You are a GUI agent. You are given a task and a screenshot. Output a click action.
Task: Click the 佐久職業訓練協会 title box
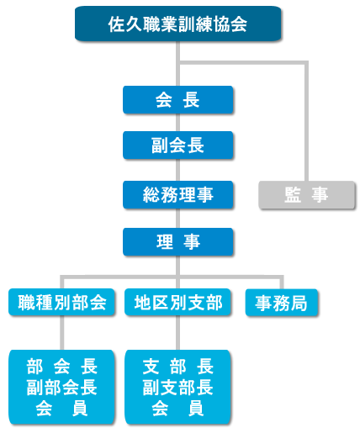(x=177, y=24)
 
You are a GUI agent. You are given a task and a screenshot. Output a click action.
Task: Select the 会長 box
(x=177, y=100)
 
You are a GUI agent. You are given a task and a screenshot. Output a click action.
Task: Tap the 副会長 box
(x=177, y=145)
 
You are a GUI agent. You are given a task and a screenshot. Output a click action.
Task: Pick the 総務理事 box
(x=177, y=195)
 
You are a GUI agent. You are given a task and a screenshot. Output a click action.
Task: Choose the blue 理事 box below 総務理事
(x=177, y=242)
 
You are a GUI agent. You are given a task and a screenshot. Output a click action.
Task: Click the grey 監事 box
(x=306, y=195)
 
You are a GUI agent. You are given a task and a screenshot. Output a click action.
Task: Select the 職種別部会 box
(x=61, y=303)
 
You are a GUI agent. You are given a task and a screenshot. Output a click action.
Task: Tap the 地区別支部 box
(x=177, y=303)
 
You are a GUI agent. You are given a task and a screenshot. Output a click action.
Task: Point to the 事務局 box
(x=282, y=303)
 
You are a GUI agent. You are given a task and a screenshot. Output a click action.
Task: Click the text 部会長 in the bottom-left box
(x=61, y=367)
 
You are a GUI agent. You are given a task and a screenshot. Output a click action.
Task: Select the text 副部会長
(x=61, y=388)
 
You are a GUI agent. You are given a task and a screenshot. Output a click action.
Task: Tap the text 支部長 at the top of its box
(x=177, y=367)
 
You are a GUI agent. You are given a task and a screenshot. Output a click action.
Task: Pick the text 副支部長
(x=177, y=388)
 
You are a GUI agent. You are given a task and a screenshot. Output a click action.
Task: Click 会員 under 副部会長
(x=61, y=409)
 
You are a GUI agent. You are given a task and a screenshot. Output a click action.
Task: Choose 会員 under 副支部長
(x=177, y=409)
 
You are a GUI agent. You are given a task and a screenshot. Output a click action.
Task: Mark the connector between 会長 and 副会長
(x=177, y=123)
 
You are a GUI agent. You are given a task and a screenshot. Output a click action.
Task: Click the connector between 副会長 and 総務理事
(x=177, y=170)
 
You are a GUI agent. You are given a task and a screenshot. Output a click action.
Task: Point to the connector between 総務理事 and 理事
(x=177, y=219)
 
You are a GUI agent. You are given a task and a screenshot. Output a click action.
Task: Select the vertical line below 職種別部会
(x=61, y=333)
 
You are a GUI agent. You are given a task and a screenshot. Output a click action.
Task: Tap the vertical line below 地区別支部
(x=177, y=333)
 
